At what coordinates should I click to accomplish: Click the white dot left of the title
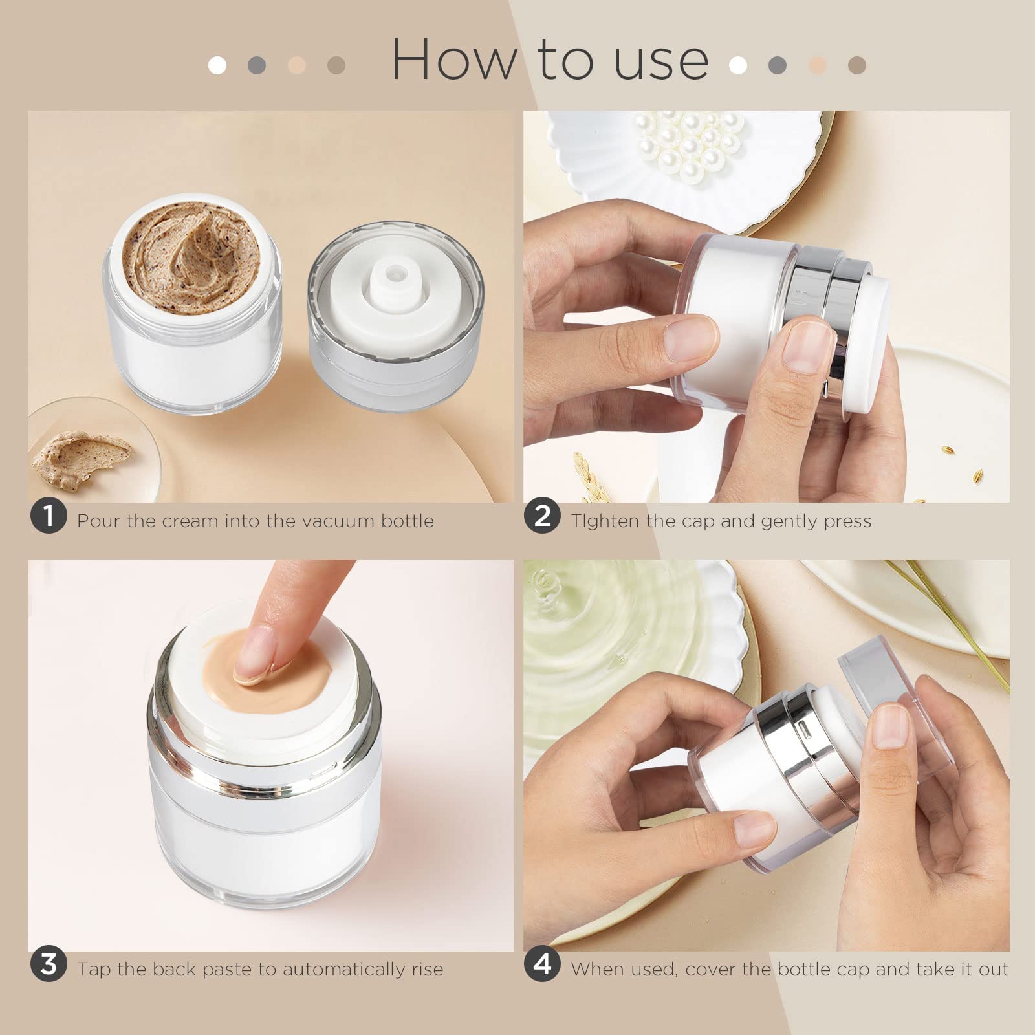coord(217,65)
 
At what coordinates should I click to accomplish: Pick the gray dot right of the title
coord(778,65)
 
